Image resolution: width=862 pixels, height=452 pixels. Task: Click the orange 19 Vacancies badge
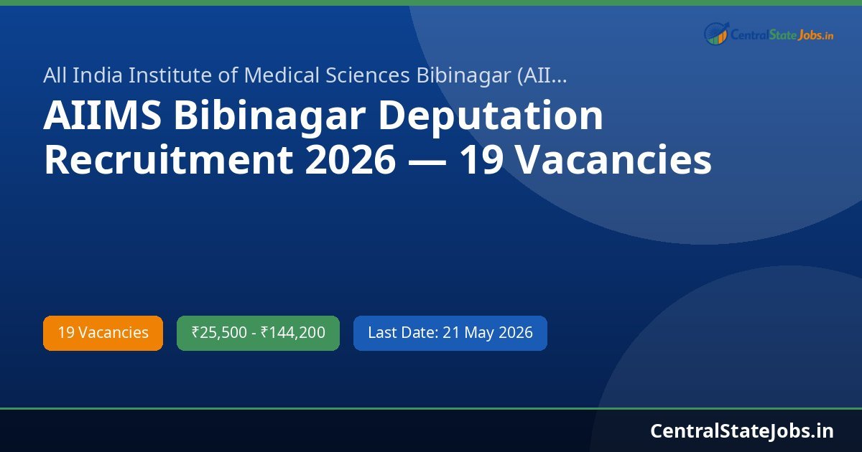click(103, 333)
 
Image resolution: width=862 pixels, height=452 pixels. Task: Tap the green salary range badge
click(258, 333)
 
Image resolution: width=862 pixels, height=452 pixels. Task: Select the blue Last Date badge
click(450, 333)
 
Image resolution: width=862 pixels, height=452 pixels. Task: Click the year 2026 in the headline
click(350, 161)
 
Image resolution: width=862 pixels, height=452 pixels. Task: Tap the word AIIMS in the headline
click(102, 117)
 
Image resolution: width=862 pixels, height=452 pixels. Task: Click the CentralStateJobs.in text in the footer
click(742, 430)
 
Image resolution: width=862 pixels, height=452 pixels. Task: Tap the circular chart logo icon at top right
click(716, 34)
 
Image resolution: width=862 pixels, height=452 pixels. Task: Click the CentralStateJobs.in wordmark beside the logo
click(782, 34)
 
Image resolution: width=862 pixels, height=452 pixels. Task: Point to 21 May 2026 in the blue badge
click(488, 333)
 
